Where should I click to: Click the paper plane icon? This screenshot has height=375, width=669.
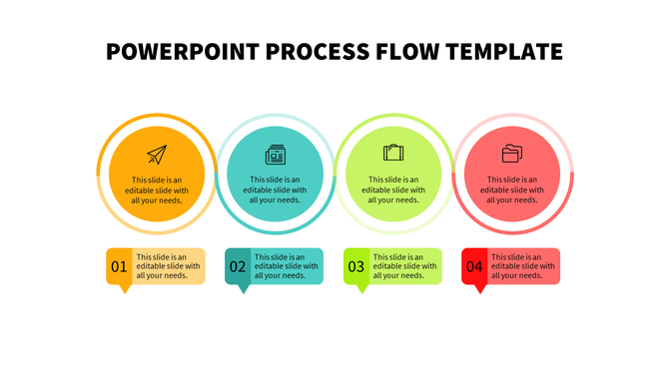(x=156, y=154)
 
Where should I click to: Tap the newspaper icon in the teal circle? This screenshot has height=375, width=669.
(x=275, y=155)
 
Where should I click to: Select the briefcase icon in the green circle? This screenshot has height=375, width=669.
(x=393, y=153)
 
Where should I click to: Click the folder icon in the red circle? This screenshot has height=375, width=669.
(x=512, y=153)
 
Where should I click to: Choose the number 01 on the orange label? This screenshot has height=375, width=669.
(x=119, y=266)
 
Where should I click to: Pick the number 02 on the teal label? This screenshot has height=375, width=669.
(x=238, y=266)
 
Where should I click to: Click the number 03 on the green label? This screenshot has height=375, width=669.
(x=356, y=266)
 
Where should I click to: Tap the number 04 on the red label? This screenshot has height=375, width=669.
(x=474, y=266)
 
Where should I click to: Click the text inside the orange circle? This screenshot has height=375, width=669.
(x=156, y=189)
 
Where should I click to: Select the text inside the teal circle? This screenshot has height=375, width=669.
(x=275, y=189)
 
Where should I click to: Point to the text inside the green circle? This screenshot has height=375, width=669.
(x=393, y=189)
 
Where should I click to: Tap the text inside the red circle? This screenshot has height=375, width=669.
(x=512, y=189)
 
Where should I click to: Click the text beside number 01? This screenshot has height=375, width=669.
(x=168, y=266)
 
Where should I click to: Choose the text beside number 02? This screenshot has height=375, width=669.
(x=287, y=266)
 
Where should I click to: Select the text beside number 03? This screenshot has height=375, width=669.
(x=404, y=266)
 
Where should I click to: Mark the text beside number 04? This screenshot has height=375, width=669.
(x=522, y=266)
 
